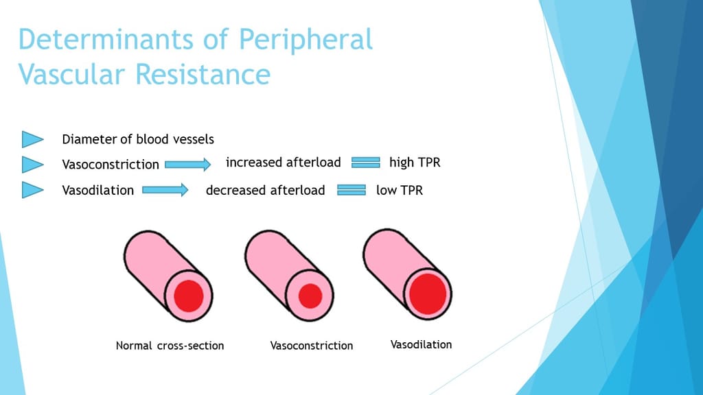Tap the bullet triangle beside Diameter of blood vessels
32,139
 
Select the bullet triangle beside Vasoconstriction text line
32,165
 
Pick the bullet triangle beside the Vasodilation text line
32,190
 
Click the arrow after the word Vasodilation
165,190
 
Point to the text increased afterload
283,163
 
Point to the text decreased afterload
265,190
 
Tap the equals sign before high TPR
365,163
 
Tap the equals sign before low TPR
351,190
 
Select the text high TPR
414,163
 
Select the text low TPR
400,190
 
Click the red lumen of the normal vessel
188,296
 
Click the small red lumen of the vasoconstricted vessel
310,296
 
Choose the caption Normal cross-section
170,346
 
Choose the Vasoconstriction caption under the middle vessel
312,346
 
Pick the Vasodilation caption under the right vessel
421,344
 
